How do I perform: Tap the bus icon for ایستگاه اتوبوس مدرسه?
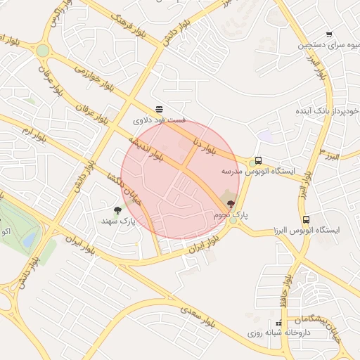point(259,160)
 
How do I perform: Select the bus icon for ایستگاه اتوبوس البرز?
point(305,219)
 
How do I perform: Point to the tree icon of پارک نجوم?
point(231,204)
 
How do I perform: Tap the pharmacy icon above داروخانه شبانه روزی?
point(280,323)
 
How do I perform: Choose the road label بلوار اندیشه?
point(146,150)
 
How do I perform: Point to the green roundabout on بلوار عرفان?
point(42,51)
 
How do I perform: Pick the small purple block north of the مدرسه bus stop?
point(264,136)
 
